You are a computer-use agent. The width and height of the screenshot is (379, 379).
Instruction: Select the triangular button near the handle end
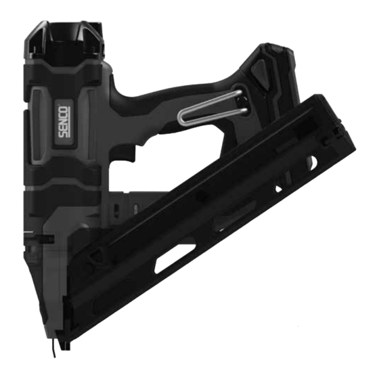pos(260,72)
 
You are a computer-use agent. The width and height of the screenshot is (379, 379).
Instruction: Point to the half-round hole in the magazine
pos(313,162)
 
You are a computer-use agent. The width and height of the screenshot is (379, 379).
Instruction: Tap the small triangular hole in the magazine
pos(278,189)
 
